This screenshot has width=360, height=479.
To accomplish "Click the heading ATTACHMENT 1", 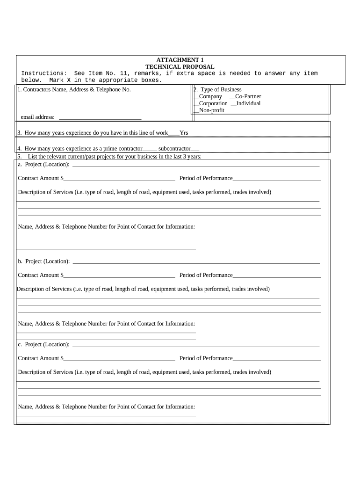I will pyautogui.click(x=180, y=60).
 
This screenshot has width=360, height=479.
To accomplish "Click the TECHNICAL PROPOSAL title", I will pyautogui.click(x=180, y=67).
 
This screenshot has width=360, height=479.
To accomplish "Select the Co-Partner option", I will pyautogui.click(x=232, y=97).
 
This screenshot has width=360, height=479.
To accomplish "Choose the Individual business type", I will pyautogui.click(x=234, y=104).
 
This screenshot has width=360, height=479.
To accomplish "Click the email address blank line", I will pyautogui.click(x=100, y=117).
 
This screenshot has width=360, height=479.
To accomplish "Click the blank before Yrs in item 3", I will pyautogui.click(x=173, y=133).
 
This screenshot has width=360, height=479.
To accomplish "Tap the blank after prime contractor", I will pyautogui.click(x=150, y=149).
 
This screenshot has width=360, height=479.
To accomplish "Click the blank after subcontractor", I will pyautogui.click(x=195, y=149).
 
